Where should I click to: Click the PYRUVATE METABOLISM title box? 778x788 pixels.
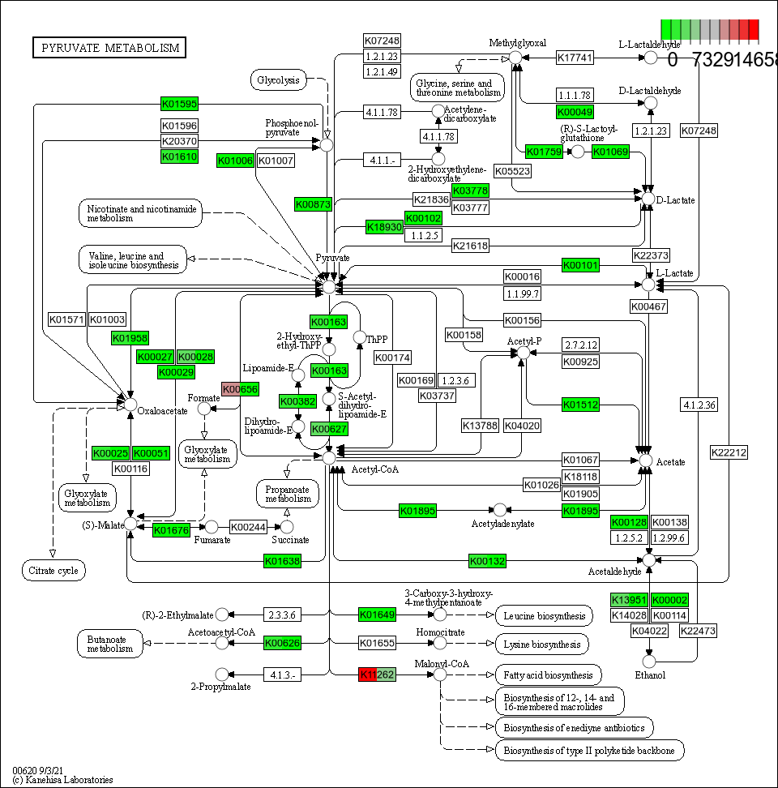[109, 48]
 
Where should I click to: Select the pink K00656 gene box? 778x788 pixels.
[240, 390]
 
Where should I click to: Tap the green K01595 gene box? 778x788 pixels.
[179, 104]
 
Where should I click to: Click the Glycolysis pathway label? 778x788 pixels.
[279, 79]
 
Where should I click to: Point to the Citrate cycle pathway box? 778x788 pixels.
[53, 571]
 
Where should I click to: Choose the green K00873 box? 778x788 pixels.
[313, 204]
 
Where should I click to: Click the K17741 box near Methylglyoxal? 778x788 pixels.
[575, 58]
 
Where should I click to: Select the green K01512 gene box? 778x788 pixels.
[580, 405]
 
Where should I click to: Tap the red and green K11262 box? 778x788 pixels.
[377, 675]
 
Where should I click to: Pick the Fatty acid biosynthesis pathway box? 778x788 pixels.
[548, 675]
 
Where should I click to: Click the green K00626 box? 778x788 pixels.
[283, 643]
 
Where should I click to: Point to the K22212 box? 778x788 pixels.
[729, 452]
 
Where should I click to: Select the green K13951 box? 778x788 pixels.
[630, 600]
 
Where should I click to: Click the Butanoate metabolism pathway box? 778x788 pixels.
[110, 643]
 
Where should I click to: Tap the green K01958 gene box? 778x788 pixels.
[130, 338]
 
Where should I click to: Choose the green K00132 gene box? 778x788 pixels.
[488, 561]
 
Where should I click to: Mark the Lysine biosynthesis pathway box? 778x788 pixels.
[541, 644]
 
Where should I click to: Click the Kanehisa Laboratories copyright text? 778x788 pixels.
[62, 780]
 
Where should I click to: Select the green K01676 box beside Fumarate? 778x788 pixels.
[171, 529]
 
